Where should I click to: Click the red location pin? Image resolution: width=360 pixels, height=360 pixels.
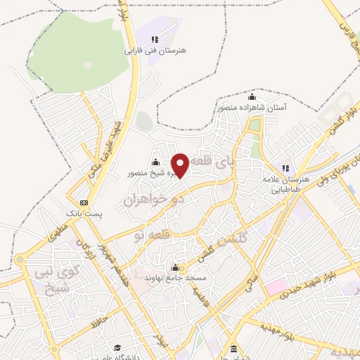pos(180,165)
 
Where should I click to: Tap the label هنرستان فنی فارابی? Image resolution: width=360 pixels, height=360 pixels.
pos(148,51)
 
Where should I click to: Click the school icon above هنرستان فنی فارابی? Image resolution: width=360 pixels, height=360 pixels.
pos(155,39)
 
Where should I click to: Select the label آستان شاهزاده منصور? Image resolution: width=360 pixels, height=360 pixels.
pos(252,108)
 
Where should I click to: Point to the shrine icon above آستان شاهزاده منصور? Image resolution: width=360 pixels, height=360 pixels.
pos(252,96)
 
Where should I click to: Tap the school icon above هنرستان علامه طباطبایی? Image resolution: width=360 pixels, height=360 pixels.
pos(285,169)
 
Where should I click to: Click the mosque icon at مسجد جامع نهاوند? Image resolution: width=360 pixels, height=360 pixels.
pos(175,268)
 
